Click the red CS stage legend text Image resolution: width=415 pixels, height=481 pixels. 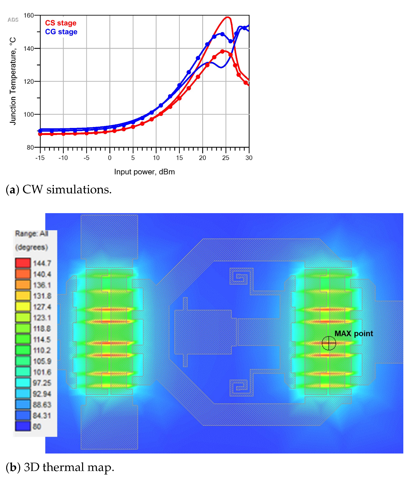61,23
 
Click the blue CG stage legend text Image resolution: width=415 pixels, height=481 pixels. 61,32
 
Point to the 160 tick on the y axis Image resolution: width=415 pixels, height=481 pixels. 29,16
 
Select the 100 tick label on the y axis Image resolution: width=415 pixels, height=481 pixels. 29,114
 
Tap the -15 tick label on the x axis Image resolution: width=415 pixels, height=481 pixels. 40,158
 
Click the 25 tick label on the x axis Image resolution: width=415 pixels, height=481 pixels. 226,158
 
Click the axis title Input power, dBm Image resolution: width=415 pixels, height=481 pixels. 144,172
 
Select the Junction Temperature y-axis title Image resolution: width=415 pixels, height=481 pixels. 13,81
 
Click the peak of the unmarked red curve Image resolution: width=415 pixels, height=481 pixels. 228,17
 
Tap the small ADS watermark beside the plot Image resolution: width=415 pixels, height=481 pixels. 13,20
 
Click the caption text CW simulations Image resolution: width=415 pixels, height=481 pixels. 67,189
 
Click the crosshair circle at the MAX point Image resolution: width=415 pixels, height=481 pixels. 329,343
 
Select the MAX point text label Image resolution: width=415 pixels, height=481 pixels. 354,334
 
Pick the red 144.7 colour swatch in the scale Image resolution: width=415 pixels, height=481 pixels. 23,263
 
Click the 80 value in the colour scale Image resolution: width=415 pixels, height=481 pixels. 37,427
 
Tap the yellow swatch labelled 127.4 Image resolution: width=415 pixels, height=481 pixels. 23,306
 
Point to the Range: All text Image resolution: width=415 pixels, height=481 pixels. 31,234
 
